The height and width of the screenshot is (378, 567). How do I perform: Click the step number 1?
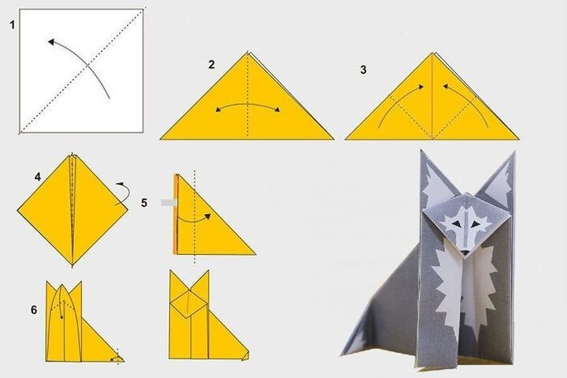pos(13,25)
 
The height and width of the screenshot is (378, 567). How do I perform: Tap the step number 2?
pos(212,65)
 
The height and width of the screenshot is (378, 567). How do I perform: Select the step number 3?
pos(363,69)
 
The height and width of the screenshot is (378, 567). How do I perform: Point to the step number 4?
pos(38,177)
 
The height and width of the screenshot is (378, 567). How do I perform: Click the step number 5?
pos(144,203)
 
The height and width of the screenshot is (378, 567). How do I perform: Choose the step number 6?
pos(34,310)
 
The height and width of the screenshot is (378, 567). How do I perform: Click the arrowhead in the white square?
pos(51,42)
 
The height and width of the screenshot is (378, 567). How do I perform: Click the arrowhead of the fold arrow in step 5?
pos(208,216)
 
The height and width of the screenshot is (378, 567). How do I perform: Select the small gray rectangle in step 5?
pos(169,203)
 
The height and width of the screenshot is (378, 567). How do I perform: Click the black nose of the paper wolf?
pos(465,253)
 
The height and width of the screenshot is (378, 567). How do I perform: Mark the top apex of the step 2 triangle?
pos(248,52)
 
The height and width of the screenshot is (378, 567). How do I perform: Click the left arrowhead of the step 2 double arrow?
pos(218,109)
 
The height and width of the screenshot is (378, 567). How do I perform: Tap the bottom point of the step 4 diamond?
pos(72,265)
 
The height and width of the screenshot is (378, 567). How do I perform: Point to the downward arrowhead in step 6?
pos(62,316)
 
